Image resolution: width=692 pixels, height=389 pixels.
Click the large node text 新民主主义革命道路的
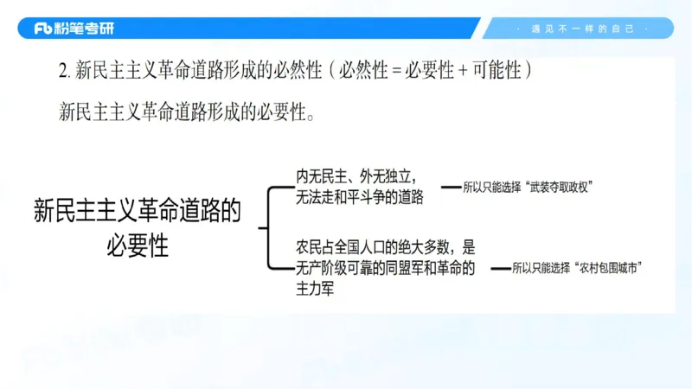click(138, 210)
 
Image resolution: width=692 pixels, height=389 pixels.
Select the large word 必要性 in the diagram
click(137, 245)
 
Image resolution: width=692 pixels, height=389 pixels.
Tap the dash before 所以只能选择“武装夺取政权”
click(452, 186)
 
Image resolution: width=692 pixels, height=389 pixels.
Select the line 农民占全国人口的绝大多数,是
click(385, 247)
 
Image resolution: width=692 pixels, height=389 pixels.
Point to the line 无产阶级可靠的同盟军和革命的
click(385, 268)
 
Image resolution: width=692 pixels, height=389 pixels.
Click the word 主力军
click(315, 289)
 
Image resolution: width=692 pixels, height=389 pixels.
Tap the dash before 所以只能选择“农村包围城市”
click(501, 268)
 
